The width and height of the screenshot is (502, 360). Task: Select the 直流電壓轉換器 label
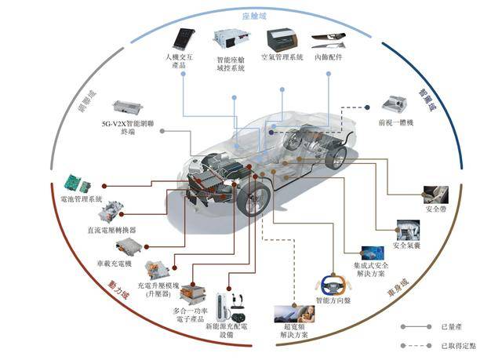[x=111, y=230]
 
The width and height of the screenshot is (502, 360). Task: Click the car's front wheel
[x=253, y=198]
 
